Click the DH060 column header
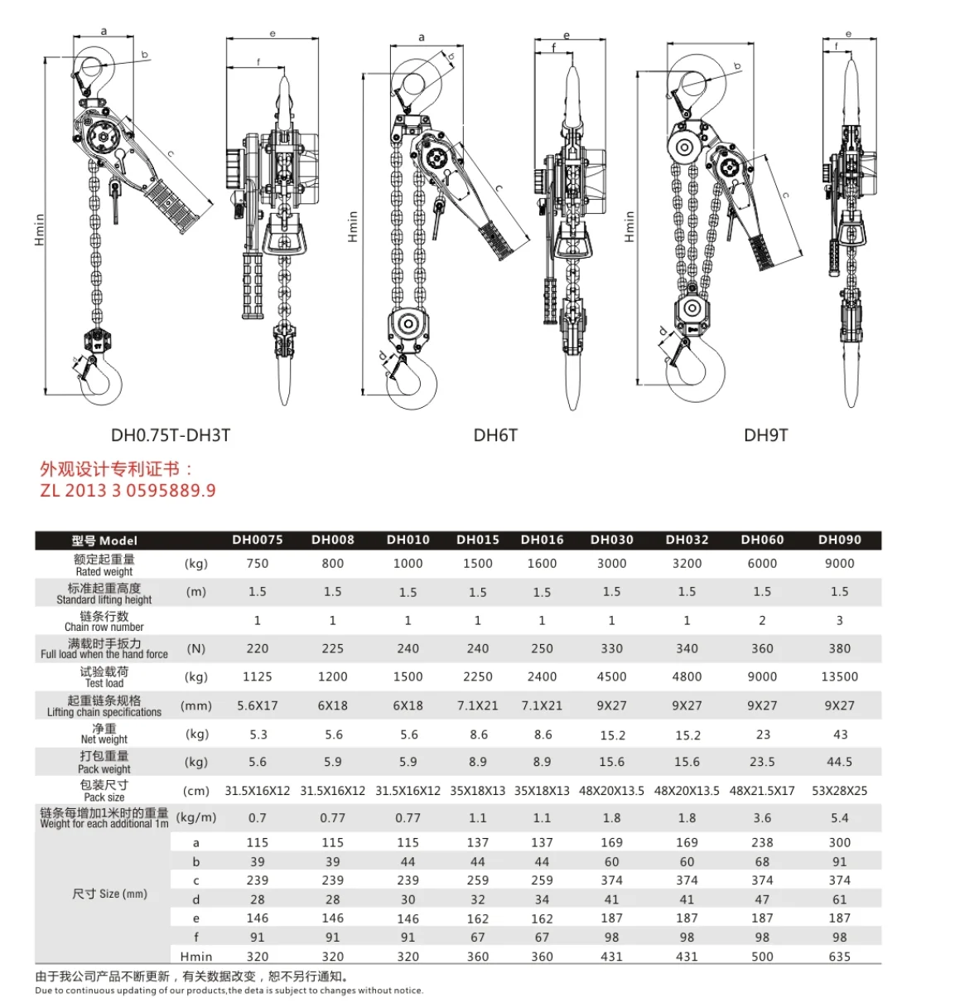tap(762, 540)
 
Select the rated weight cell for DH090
tap(839, 564)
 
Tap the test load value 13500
tap(839, 677)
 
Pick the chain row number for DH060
tap(762, 620)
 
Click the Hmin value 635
tap(839, 957)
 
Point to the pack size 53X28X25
tap(839, 791)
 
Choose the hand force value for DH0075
tap(258, 649)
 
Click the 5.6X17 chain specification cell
tap(258, 705)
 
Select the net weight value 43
tap(840, 734)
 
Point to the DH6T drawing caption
tap(495, 435)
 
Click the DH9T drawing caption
tap(765, 435)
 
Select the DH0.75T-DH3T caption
tap(171, 435)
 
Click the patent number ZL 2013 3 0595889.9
tap(128, 491)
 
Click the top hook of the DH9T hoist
tap(702, 83)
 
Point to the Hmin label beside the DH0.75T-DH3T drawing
tap(39, 230)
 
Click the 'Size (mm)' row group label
tap(109, 894)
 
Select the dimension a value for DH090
tap(839, 842)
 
